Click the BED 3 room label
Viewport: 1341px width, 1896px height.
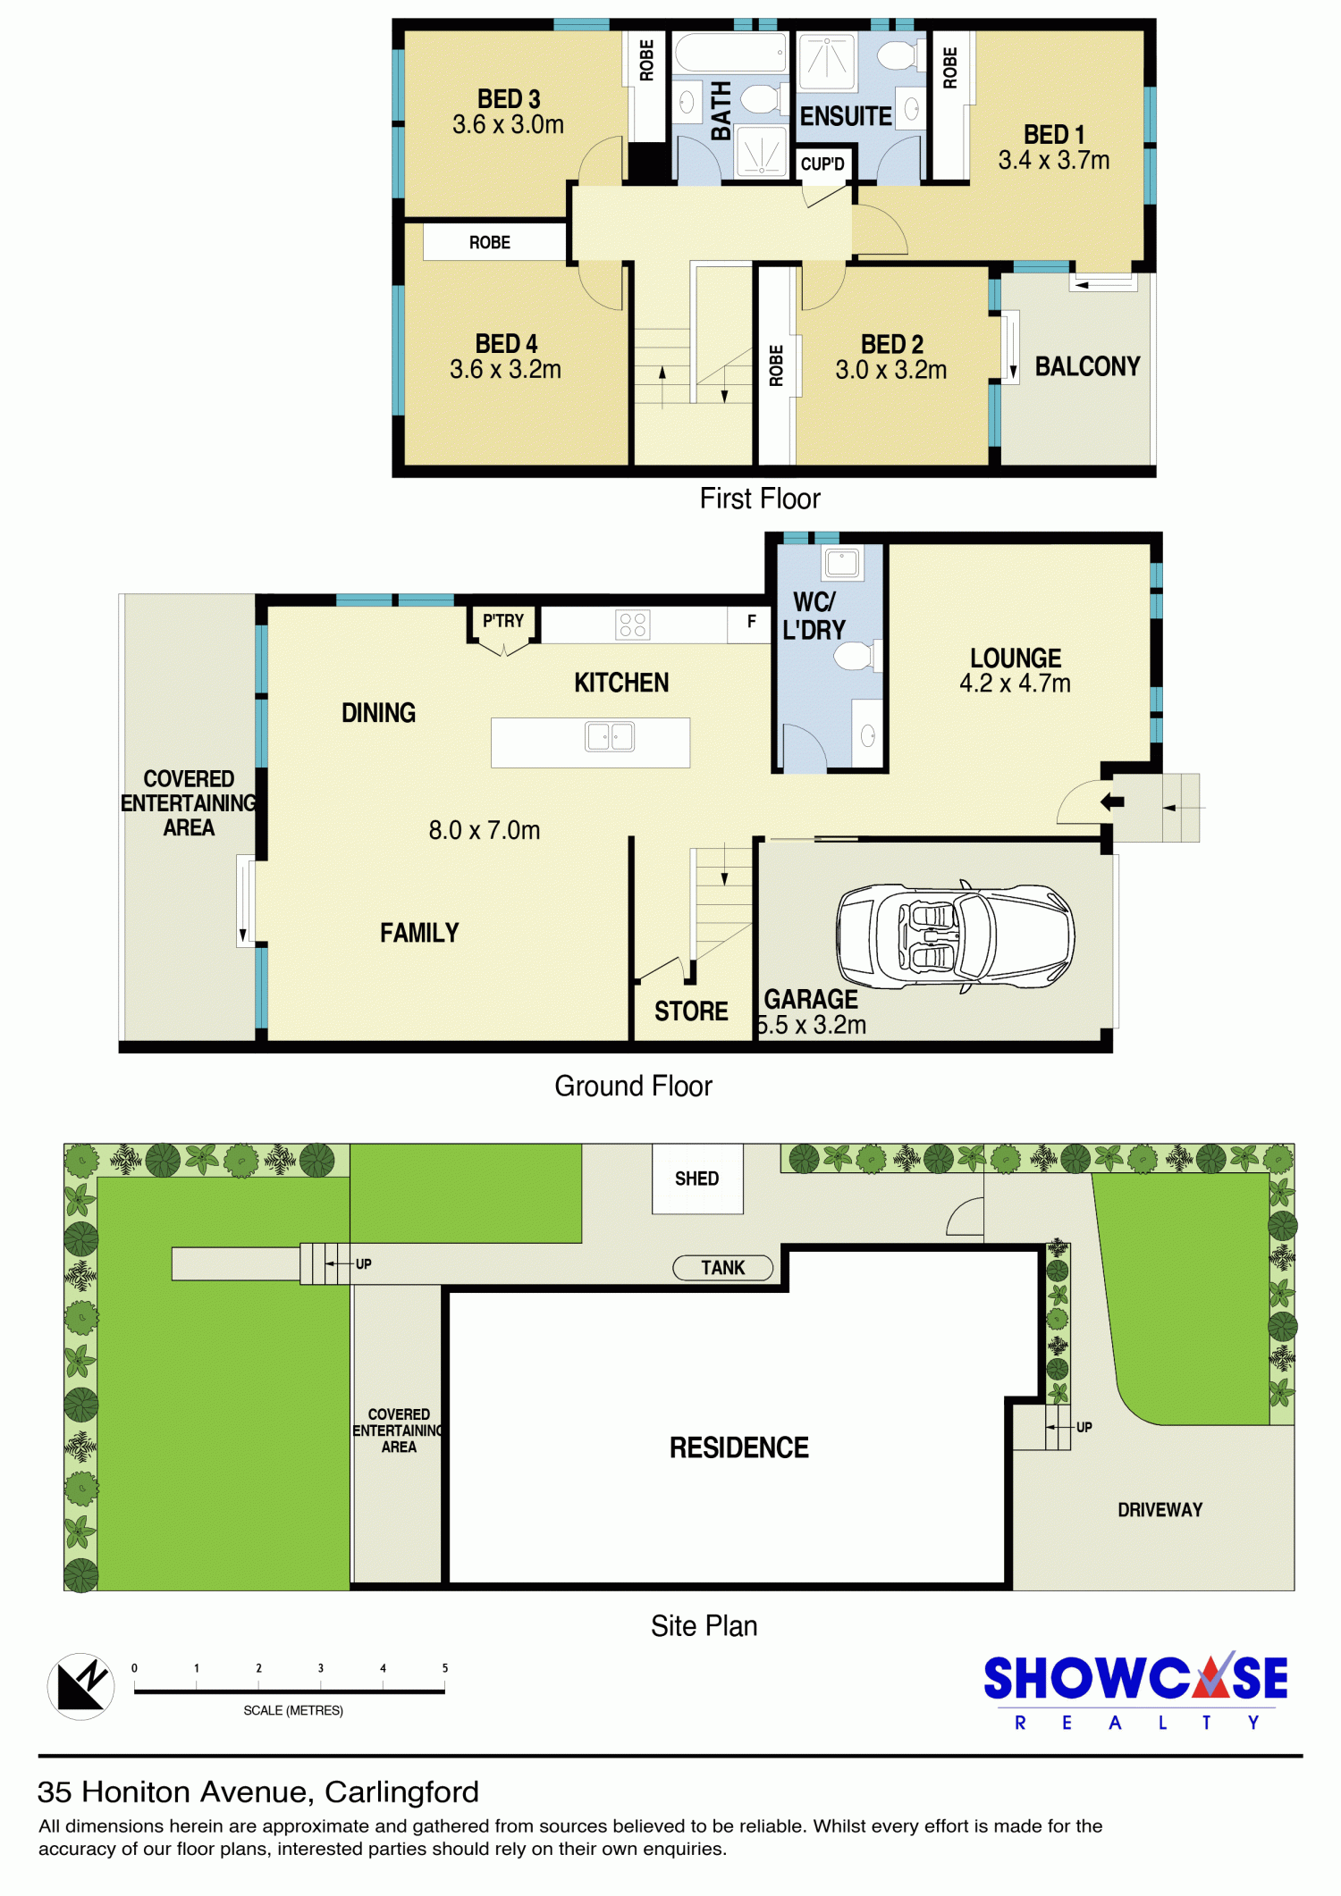(509, 98)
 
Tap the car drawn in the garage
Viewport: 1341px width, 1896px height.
(955, 936)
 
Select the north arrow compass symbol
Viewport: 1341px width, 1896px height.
(80, 1686)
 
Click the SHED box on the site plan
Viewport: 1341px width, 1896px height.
(697, 1179)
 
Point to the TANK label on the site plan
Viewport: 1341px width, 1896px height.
(722, 1268)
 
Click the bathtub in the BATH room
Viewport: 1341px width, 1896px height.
(730, 53)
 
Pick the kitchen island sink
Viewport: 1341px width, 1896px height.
(610, 737)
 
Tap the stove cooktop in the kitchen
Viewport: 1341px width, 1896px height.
(633, 625)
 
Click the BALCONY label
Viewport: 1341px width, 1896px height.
(1087, 366)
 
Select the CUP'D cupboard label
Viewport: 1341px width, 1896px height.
(822, 164)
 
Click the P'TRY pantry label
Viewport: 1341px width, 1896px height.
(503, 621)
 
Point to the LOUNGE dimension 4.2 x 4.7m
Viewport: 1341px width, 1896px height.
(1015, 684)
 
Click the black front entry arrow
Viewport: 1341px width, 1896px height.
(1112, 801)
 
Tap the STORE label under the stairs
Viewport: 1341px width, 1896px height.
(691, 1011)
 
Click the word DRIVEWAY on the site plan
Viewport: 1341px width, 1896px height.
(1160, 1510)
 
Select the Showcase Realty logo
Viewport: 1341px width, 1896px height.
(1135, 1690)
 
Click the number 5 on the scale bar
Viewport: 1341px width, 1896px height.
(444, 1668)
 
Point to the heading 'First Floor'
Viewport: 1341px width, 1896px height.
(760, 499)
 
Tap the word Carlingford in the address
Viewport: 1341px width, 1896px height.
(401, 1792)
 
